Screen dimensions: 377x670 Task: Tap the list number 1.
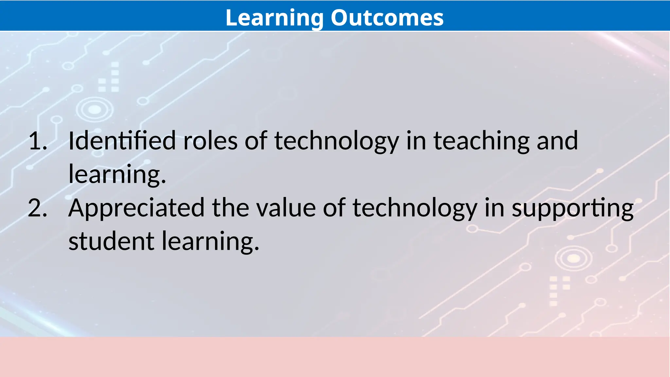pyautogui.click(x=37, y=141)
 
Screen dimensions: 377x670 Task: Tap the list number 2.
pyautogui.click(x=37, y=208)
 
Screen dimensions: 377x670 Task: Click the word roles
pyautogui.click(x=210, y=141)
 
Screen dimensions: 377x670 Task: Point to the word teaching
pyautogui.click(x=481, y=141)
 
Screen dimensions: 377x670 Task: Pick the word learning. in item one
pyautogui.click(x=117, y=175)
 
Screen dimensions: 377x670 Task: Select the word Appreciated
pyautogui.click(x=136, y=208)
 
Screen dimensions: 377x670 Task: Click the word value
pyautogui.click(x=286, y=208)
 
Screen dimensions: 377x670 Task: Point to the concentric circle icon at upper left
pyautogui.click(x=95, y=110)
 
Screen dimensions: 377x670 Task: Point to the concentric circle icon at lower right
pyautogui.click(x=573, y=259)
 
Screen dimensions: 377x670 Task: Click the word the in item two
pyautogui.click(x=230, y=208)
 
